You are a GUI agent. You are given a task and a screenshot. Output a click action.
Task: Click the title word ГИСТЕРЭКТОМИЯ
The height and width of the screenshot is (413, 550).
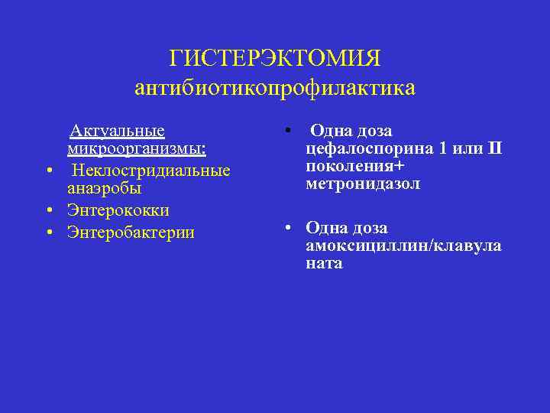click(275, 59)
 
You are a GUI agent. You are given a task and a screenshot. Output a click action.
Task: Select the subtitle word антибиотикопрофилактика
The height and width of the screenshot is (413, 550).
click(275, 88)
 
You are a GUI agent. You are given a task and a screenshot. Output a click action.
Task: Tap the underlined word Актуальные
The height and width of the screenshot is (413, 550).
click(117, 131)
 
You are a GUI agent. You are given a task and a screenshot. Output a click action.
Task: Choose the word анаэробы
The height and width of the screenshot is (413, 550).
click(105, 187)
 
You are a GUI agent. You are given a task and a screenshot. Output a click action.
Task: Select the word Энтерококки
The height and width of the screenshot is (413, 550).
click(118, 210)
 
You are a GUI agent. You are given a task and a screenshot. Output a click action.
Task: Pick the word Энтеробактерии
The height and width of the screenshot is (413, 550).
click(131, 232)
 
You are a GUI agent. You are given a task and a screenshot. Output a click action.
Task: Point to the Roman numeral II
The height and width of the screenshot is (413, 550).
click(493, 148)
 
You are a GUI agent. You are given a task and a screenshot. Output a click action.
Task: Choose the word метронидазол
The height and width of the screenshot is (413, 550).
click(363, 184)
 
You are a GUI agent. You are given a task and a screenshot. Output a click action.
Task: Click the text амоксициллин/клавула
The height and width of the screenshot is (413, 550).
click(403, 246)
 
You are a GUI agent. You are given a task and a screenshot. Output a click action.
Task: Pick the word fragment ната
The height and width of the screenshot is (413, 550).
click(324, 264)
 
